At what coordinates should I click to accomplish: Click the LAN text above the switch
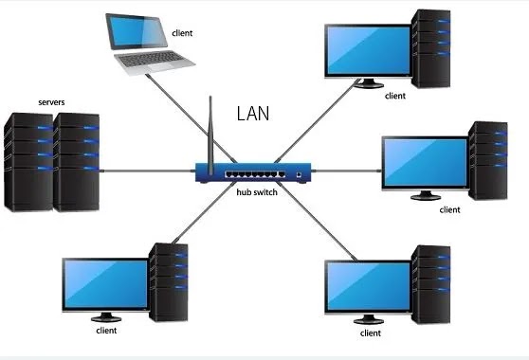253,115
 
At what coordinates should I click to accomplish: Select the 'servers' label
51,101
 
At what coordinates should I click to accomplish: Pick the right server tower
76,161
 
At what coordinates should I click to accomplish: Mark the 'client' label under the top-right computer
395,96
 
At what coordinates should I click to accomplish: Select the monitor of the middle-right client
424,163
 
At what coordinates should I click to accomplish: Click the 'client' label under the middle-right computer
449,210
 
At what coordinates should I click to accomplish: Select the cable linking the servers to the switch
147,171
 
